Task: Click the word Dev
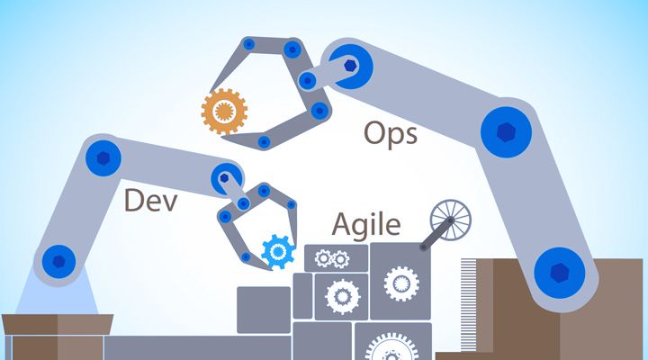(x=150, y=201)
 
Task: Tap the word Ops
(x=391, y=134)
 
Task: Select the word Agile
(x=366, y=225)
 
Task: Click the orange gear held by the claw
(x=224, y=112)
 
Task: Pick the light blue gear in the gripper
(x=278, y=251)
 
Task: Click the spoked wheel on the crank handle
(x=451, y=220)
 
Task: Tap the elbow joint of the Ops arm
(x=506, y=132)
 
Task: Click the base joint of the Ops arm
(x=560, y=273)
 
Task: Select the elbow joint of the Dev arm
(x=103, y=157)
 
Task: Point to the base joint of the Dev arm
(x=59, y=261)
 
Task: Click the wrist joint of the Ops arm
(x=350, y=66)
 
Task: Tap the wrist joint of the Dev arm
(x=225, y=178)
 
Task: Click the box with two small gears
(x=336, y=258)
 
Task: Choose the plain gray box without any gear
(x=264, y=310)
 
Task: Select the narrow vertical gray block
(x=302, y=295)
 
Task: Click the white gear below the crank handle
(x=400, y=283)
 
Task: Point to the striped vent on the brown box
(x=469, y=305)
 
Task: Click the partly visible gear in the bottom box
(x=391, y=347)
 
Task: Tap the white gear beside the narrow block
(x=342, y=297)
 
